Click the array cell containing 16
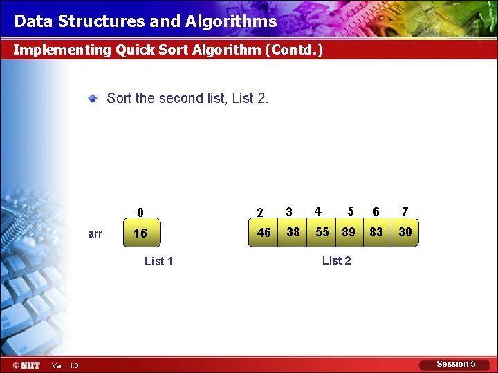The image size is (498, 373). (x=140, y=233)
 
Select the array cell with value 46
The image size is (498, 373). (x=264, y=233)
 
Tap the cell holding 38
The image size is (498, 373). (x=293, y=232)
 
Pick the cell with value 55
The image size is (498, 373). (x=322, y=232)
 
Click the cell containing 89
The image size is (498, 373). (x=349, y=232)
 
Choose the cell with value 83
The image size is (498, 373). (x=376, y=232)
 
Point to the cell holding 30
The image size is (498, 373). (x=405, y=232)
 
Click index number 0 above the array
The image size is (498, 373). (x=140, y=213)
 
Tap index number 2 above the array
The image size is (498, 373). (x=260, y=213)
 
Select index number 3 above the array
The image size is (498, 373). (x=289, y=212)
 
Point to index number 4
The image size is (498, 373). (x=317, y=211)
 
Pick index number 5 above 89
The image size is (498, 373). (x=351, y=211)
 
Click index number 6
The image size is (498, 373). (x=376, y=212)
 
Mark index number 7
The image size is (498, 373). (x=405, y=212)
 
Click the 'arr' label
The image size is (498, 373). (x=95, y=234)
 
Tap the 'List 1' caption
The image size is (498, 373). (x=158, y=261)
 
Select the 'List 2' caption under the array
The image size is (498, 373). (x=336, y=260)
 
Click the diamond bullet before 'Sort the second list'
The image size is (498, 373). (x=93, y=99)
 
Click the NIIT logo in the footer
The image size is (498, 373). (x=26, y=365)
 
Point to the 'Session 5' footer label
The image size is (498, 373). (x=456, y=364)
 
